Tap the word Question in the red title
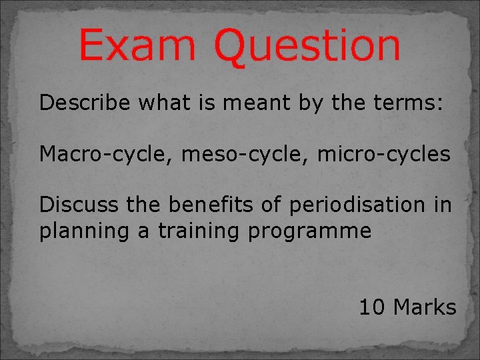point(307,47)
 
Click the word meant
point(249,103)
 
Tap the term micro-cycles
point(383,154)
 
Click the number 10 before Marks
point(373,307)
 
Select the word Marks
point(425,307)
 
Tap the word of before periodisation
point(271,205)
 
